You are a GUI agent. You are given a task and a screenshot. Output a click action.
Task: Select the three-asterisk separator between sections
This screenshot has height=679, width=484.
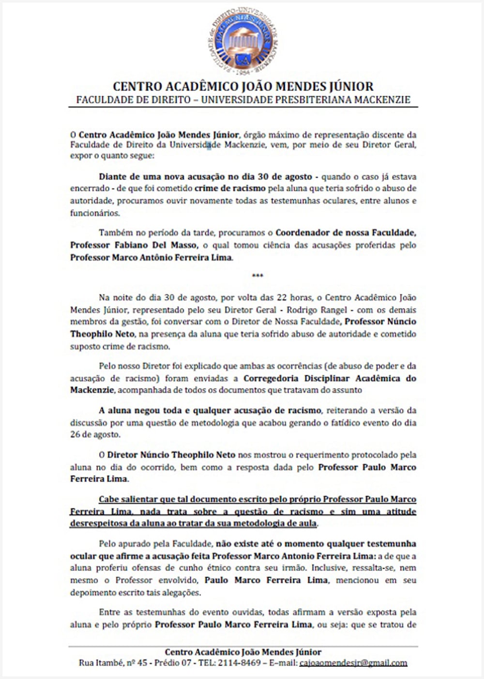click(257, 276)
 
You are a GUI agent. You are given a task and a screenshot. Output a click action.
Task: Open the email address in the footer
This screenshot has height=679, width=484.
click(353, 663)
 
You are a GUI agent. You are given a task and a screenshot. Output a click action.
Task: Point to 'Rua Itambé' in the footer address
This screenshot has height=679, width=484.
click(100, 663)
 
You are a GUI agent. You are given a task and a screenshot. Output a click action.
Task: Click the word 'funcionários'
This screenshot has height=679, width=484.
click(94, 213)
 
